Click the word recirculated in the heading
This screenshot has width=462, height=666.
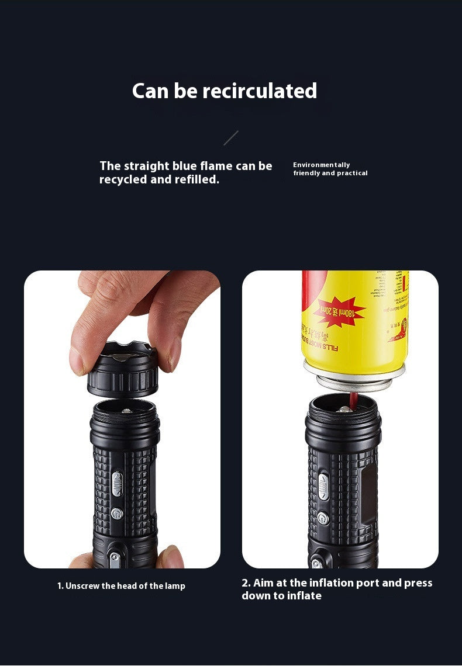tap(260, 91)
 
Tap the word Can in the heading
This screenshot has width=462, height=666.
tap(151, 91)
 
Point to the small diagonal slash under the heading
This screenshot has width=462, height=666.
tap(231, 138)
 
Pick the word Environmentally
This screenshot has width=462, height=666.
tap(321, 165)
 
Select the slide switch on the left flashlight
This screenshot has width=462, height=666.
tap(116, 483)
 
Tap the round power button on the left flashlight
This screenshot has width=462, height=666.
tap(116, 514)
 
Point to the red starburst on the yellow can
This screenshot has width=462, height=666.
tap(339, 312)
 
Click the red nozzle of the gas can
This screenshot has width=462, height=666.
tap(353, 400)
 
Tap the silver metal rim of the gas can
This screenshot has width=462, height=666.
tap(354, 374)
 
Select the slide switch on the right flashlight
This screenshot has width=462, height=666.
tap(323, 487)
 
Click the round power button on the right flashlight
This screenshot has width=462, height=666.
tap(322, 518)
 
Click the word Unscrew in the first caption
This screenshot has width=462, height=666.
tap(82, 586)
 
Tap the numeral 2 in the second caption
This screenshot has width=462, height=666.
tap(245, 583)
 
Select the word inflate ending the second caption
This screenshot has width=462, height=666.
tap(304, 596)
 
